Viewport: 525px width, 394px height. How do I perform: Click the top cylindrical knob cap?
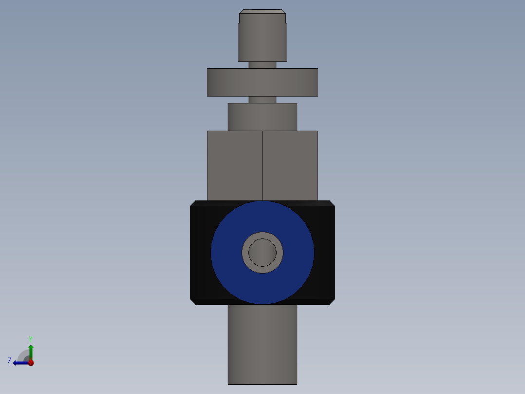(262, 37)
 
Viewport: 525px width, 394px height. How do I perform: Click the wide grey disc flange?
(262, 82)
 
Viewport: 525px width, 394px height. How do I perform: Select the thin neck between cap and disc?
(262, 65)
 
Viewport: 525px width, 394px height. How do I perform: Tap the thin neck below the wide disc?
(262, 99)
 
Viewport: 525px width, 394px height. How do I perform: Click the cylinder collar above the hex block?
(262, 117)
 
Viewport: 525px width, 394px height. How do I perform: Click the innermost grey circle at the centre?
(262, 253)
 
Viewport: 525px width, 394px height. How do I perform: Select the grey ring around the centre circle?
(245, 253)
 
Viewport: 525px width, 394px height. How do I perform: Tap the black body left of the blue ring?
(200, 253)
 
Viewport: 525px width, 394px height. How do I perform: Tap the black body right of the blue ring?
(324, 253)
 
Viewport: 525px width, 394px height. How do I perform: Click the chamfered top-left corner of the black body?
(193, 203)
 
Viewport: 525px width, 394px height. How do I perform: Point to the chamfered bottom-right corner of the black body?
(332, 301)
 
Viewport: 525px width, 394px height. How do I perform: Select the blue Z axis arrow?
(19, 363)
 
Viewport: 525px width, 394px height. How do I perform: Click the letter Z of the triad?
(10, 360)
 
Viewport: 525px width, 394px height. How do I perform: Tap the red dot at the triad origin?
(31, 363)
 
